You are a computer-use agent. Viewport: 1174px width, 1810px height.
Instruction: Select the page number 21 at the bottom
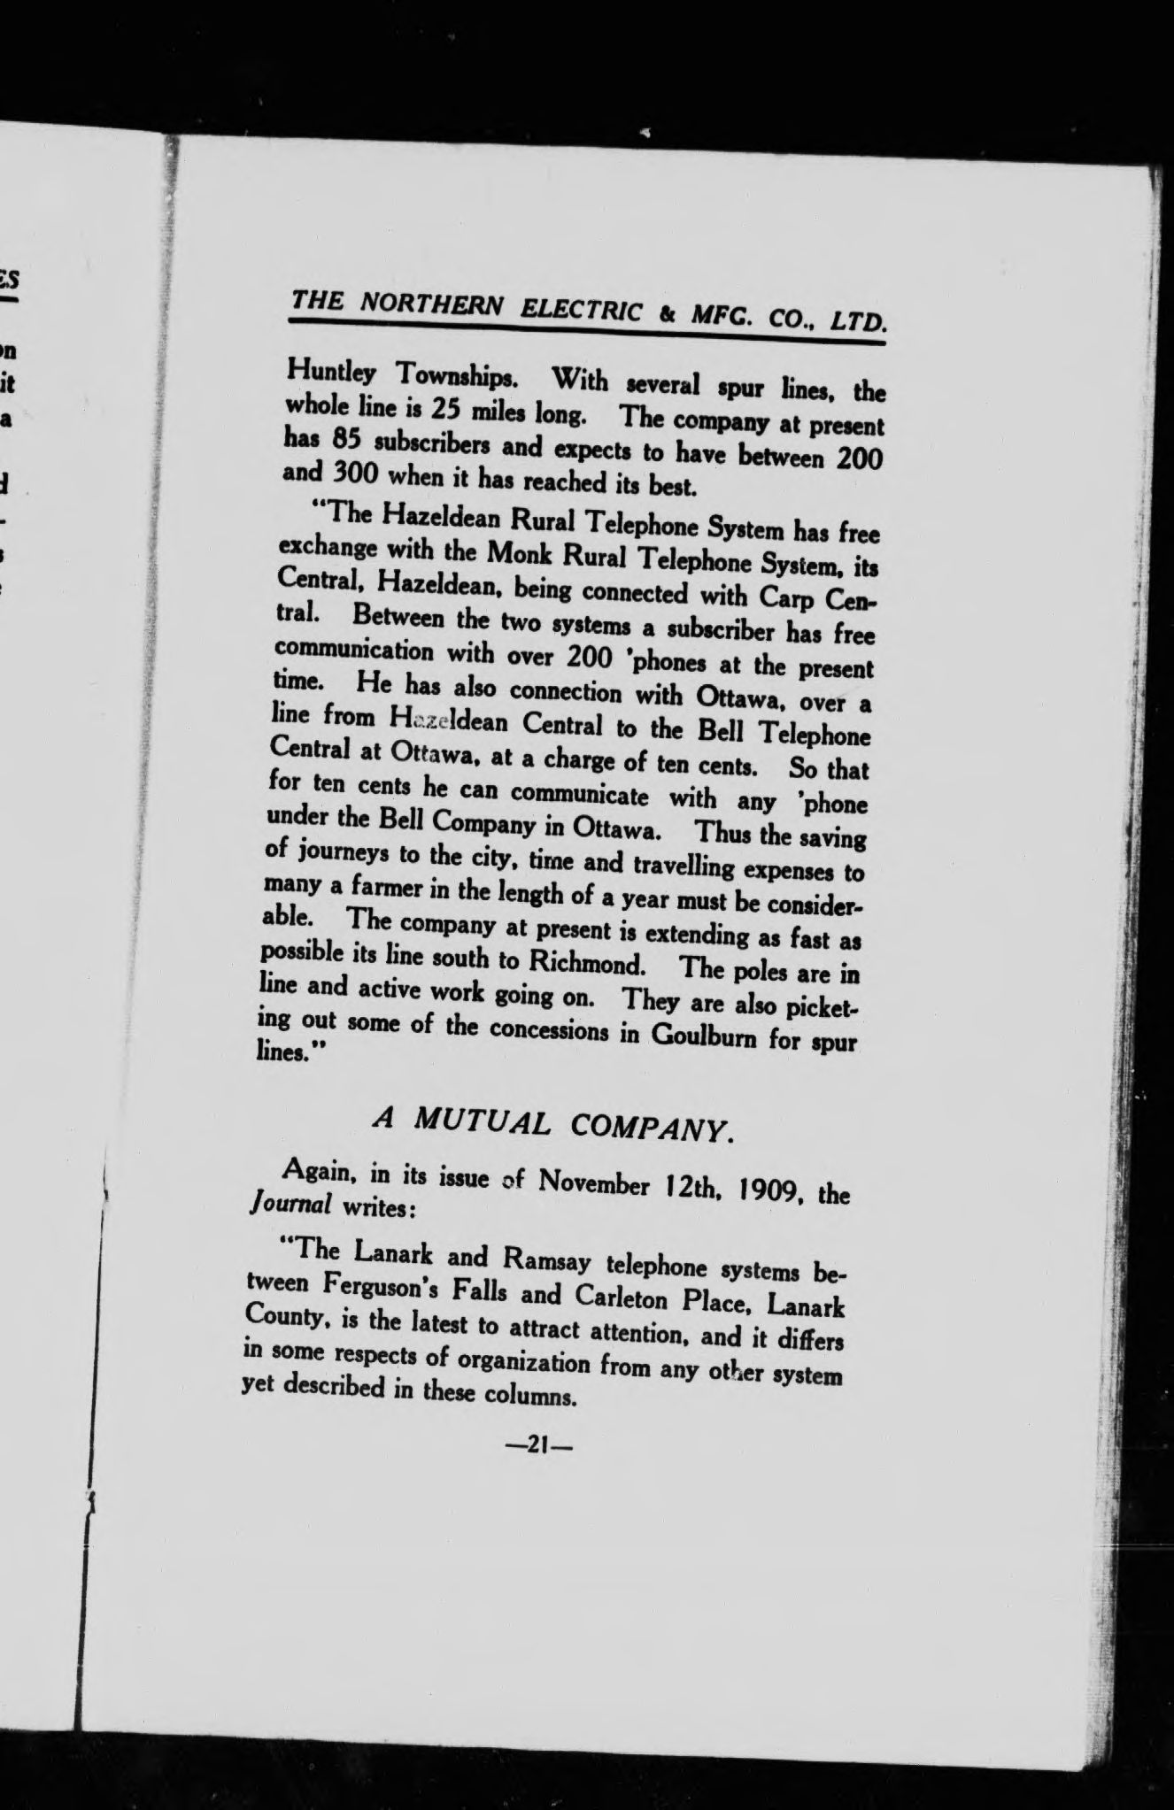(x=537, y=1444)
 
